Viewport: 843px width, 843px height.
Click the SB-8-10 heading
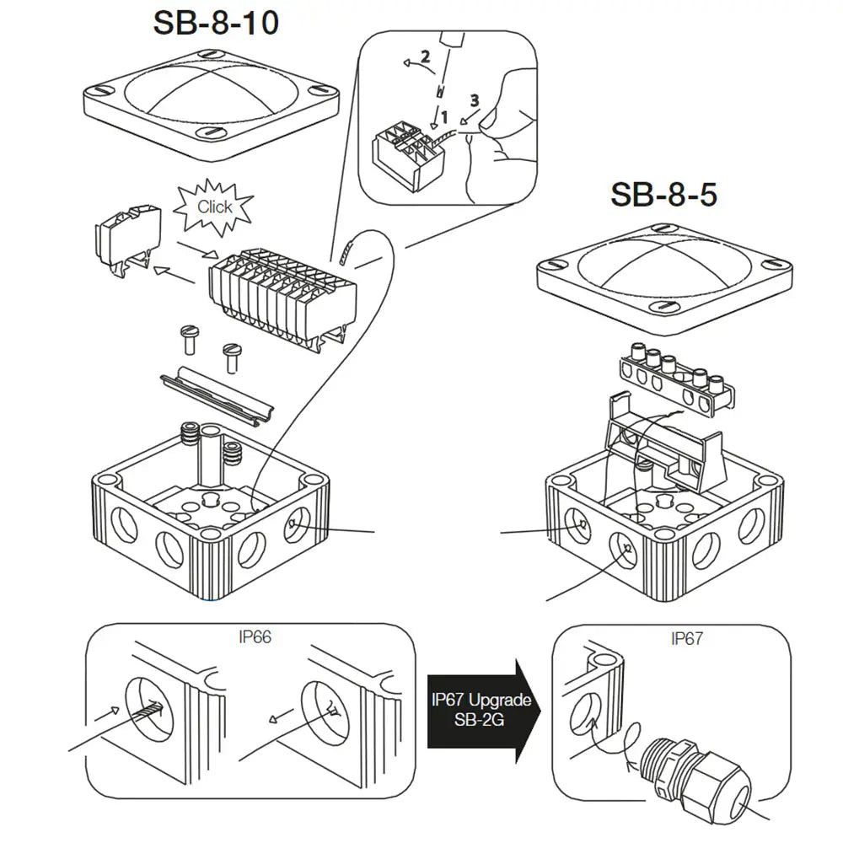[x=215, y=24]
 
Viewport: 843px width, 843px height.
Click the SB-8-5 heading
[x=663, y=195]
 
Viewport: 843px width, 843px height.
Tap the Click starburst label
[x=214, y=207]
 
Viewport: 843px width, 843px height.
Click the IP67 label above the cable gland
[x=686, y=638]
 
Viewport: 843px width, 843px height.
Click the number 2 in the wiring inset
[x=425, y=57]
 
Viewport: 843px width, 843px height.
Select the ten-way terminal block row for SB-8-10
[x=278, y=291]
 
